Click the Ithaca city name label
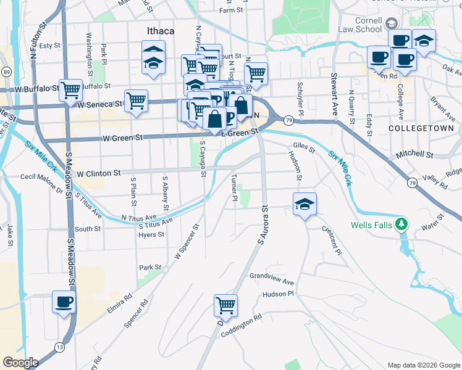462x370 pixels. coord(160,31)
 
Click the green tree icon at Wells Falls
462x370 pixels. coord(402,224)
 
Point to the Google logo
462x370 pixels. coord(20,363)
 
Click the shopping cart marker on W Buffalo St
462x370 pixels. coord(71,90)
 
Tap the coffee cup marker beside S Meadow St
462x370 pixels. coord(64,302)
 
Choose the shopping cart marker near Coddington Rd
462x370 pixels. coord(226,305)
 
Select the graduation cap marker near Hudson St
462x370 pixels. coord(304,203)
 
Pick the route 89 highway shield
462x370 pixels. coord(6,72)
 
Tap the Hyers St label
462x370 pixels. coord(151,235)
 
